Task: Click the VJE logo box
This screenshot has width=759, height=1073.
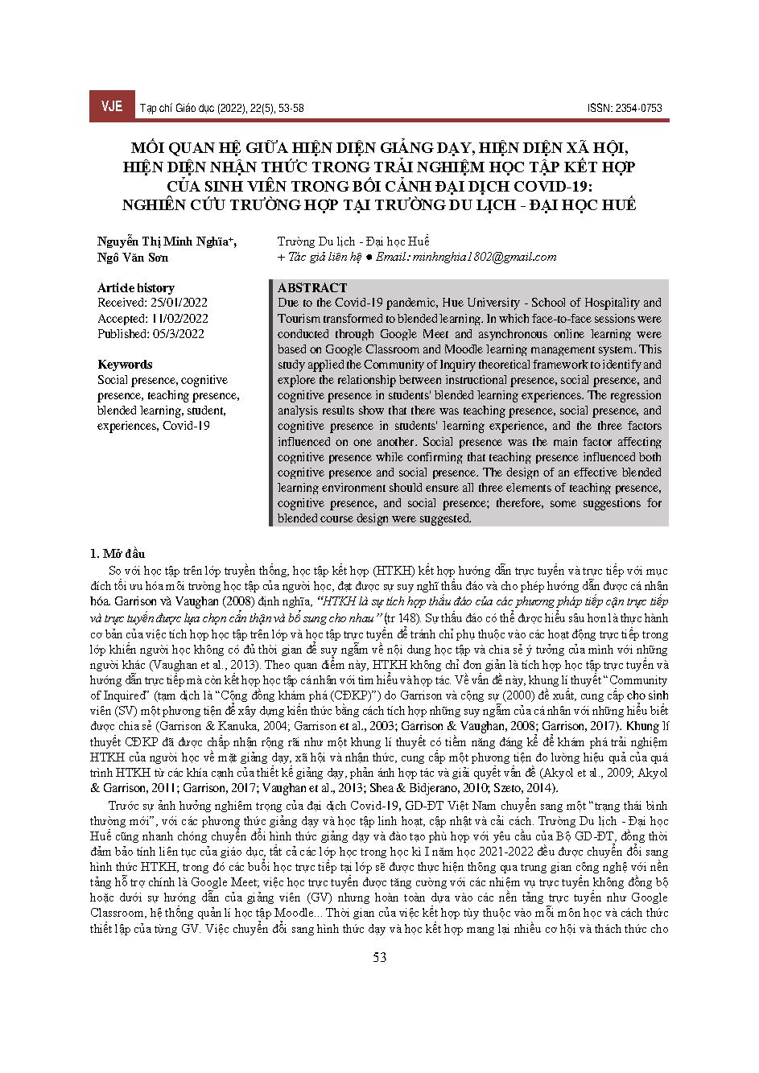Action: coord(111,107)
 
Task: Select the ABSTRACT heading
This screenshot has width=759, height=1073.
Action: coord(312,288)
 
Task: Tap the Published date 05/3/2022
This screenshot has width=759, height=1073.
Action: coord(175,334)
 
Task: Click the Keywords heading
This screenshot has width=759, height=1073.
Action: coord(125,365)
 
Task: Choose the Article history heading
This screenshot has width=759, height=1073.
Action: coord(135,288)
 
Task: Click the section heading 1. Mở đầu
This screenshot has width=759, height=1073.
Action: coord(120,554)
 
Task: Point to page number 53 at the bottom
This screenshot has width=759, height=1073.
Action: coord(380,957)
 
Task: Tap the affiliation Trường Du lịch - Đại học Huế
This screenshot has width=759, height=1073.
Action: coord(353,241)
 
